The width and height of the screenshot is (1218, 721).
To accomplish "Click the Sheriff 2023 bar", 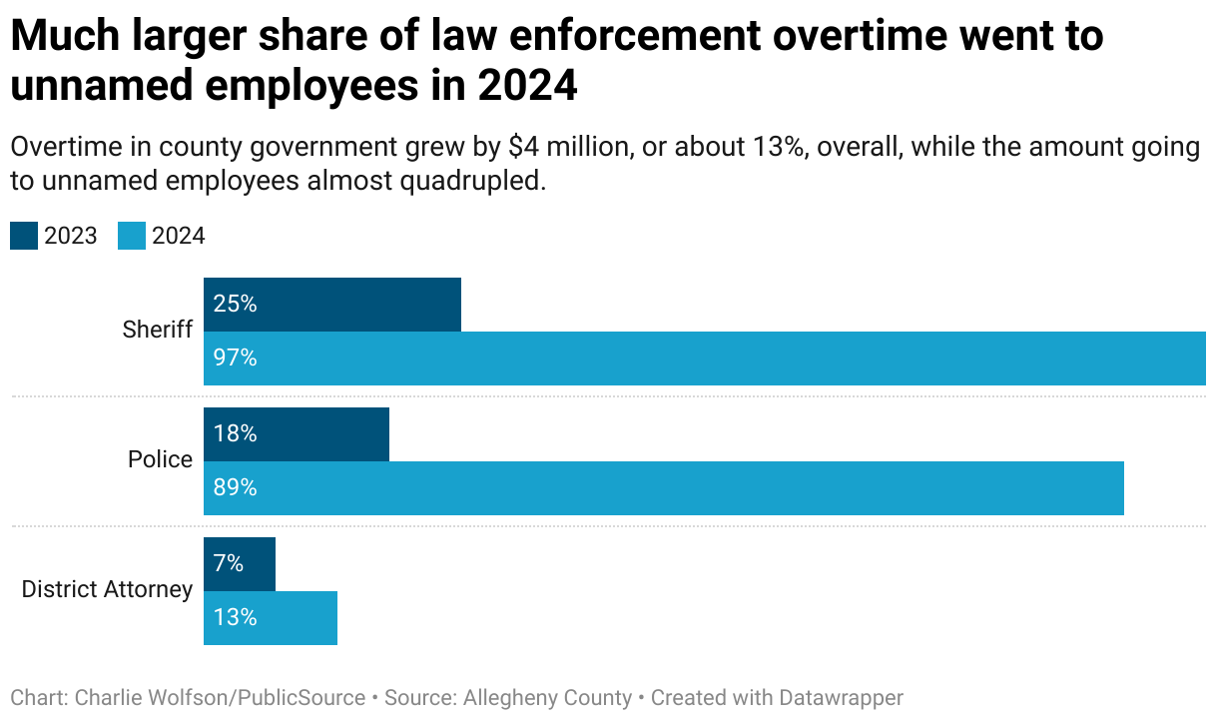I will (332, 305).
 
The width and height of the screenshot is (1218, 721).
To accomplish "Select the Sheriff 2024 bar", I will (704, 359).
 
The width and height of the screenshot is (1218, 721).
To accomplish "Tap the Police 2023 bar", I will (297, 434).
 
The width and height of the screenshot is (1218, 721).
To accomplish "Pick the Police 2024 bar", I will (664, 488).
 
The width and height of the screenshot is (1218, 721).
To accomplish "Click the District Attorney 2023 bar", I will (240, 564).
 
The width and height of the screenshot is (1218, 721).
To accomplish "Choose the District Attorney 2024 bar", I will (271, 618).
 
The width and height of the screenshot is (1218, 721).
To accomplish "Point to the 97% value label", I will (236, 359).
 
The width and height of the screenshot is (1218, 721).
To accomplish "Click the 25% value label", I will (236, 305).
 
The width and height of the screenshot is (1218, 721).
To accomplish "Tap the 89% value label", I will (236, 488).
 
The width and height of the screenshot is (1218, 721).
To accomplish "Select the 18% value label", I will (236, 434).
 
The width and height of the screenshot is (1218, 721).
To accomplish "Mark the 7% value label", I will (229, 564).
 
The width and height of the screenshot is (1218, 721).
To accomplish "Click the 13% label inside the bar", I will (236, 618).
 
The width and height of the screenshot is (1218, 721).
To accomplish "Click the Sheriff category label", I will (157, 330).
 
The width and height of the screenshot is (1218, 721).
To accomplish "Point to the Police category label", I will (160, 459).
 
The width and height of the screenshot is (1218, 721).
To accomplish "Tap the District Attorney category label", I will (107, 589).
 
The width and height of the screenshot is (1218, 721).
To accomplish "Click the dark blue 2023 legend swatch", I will (24, 236).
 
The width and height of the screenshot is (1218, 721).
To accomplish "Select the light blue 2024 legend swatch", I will (132, 236).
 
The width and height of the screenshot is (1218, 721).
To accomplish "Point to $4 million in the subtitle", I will (568, 148).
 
